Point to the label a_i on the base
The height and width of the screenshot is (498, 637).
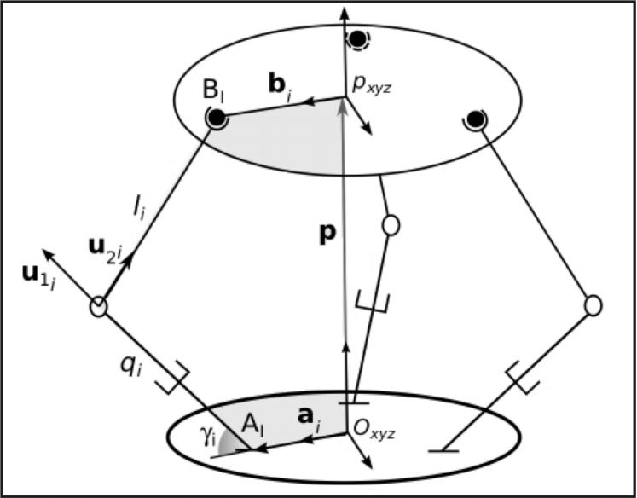pos(306,420)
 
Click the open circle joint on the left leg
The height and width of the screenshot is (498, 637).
pos(98,306)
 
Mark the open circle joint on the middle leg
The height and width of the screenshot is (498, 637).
pos(391,225)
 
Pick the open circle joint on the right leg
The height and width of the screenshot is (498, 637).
pos(593,304)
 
